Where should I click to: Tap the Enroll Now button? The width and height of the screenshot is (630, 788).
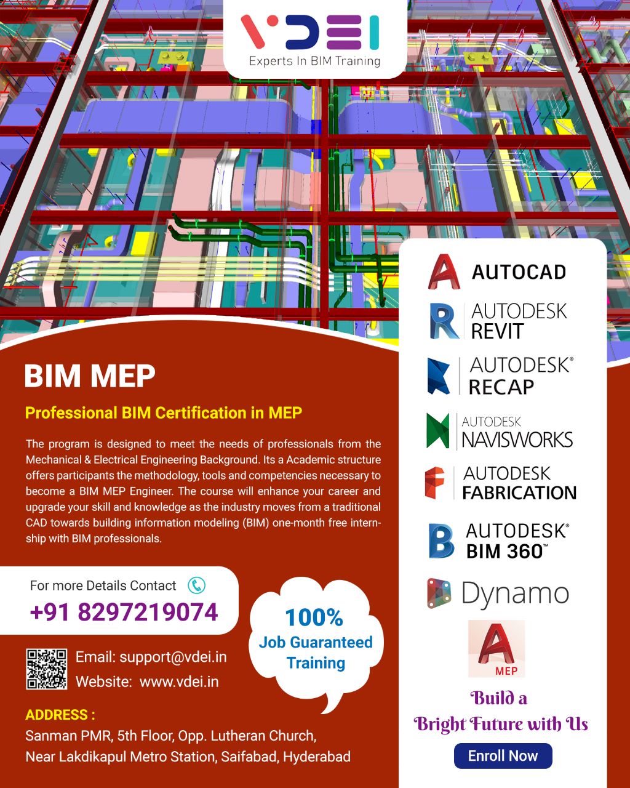503,756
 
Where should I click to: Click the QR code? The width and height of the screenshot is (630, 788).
47,669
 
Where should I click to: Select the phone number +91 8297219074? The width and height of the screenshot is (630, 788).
124,613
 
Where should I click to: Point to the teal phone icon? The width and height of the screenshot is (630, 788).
196,585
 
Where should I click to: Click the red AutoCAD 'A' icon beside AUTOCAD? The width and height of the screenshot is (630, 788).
444,271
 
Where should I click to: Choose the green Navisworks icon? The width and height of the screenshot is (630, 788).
438,431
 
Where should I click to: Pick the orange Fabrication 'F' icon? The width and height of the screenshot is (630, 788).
436,483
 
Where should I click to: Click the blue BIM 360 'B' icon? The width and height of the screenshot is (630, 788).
441,541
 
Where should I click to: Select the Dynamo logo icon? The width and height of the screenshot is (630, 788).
439,593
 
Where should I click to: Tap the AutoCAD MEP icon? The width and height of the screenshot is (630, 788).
496,648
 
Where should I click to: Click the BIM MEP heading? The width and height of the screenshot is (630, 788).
90,376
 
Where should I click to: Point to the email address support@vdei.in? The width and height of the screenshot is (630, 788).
173,657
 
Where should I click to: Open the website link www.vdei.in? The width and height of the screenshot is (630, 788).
179,681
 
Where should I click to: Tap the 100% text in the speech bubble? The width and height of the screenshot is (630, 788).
314,617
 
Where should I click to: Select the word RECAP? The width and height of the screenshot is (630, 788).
501,387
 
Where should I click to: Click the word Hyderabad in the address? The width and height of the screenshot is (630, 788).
316,756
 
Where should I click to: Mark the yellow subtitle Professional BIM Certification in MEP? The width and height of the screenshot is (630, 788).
164,412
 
